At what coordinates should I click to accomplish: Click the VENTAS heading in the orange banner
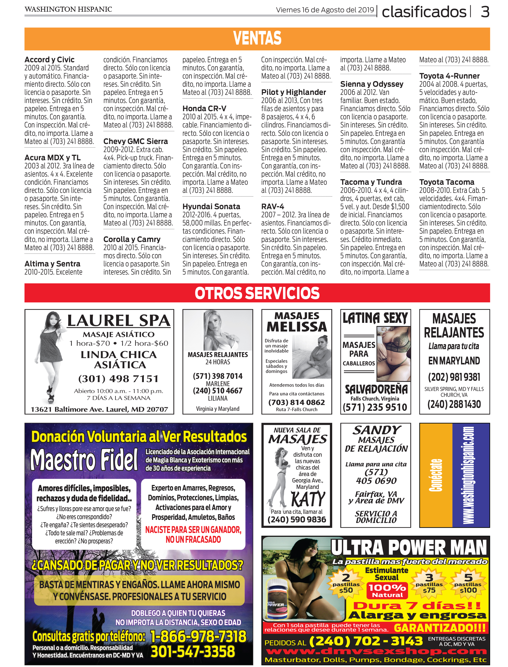click(x=257, y=38)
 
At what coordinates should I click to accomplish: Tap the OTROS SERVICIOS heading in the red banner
click(x=257, y=293)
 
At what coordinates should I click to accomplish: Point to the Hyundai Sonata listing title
click(x=211, y=206)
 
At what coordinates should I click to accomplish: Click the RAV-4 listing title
click(x=272, y=206)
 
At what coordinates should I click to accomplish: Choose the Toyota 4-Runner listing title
click(x=449, y=76)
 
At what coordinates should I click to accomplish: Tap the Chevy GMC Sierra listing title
click(x=135, y=141)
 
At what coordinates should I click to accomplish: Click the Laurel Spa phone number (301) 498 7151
click(x=119, y=378)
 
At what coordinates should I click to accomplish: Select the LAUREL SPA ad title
click(x=119, y=321)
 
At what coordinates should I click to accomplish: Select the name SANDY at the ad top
click(x=377, y=430)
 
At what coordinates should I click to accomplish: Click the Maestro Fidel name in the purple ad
click(x=84, y=460)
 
